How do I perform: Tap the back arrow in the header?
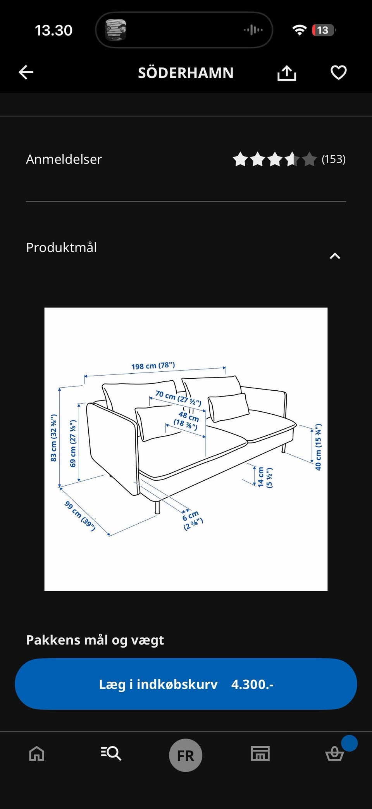click(26, 72)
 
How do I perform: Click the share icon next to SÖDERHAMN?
click(287, 73)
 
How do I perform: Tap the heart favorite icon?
click(338, 72)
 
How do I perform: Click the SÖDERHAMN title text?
click(186, 72)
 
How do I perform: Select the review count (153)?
click(334, 159)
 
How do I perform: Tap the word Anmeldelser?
click(64, 159)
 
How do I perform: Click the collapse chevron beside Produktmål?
click(335, 256)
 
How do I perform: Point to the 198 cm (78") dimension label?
click(153, 366)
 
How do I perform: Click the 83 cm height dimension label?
click(54, 438)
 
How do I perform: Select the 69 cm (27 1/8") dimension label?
click(73, 443)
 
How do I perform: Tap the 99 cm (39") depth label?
click(80, 516)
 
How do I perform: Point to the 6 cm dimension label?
click(193, 520)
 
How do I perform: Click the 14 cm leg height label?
click(265, 477)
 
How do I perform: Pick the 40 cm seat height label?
click(318, 447)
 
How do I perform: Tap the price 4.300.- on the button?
click(252, 684)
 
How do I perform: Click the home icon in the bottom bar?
click(37, 754)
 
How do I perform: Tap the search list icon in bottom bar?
click(111, 754)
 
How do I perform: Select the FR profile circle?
click(186, 755)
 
